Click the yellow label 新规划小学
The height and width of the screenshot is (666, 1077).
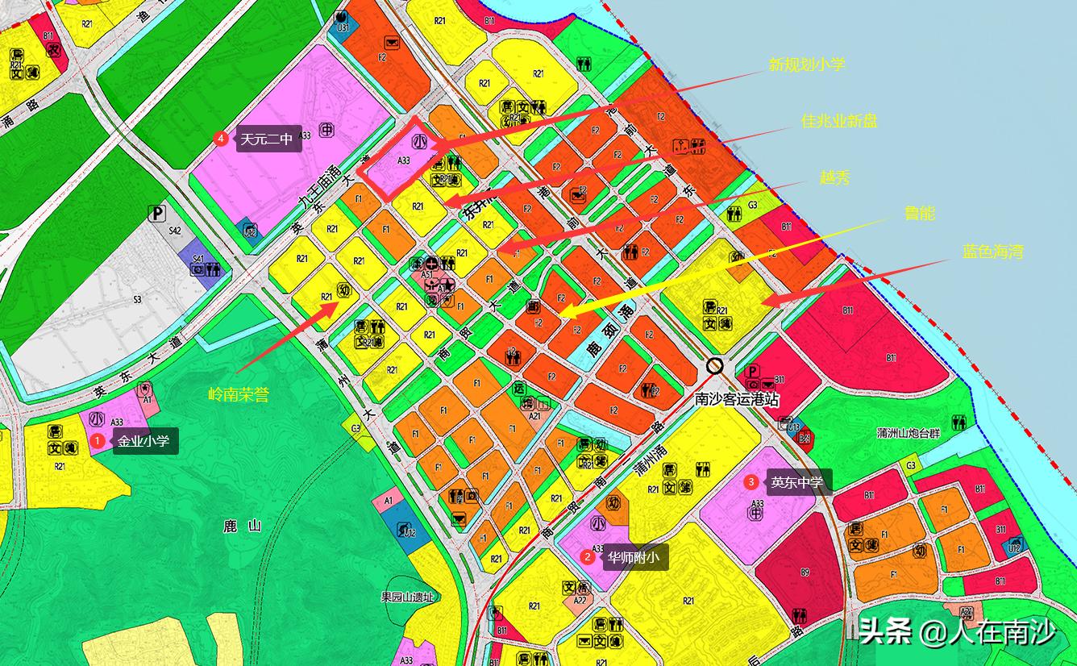pos(807,65)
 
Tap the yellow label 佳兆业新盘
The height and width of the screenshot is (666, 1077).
pos(839,121)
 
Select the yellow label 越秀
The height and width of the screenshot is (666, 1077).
pos(834,178)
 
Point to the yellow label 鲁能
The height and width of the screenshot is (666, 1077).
pos(920,213)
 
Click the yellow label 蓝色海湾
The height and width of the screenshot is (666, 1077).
pos(992,252)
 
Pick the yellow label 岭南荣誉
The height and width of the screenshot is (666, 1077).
pos(239,394)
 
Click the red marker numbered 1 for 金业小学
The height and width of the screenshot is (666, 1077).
pos(98,441)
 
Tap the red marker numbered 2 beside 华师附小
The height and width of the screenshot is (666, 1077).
pos(588,556)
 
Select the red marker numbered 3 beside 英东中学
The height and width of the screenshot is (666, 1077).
pos(751,482)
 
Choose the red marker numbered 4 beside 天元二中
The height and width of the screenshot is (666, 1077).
pos(221,139)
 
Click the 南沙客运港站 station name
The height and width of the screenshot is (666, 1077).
pos(737,398)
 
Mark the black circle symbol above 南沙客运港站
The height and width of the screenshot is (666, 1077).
pos(714,365)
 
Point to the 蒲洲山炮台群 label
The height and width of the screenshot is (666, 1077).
pos(909,433)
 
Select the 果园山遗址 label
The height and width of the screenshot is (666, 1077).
pos(407,597)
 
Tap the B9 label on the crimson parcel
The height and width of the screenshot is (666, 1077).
pos(805,572)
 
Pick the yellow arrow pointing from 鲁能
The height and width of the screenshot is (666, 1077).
pos(726,266)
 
